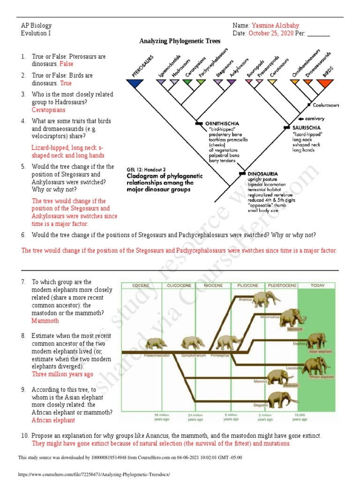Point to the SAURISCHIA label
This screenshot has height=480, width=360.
coord(307,127)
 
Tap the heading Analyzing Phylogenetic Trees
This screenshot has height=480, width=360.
coord(180,41)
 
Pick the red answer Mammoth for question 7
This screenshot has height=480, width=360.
coord(45,321)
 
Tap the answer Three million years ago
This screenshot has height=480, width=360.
coord(62,374)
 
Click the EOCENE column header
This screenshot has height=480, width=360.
coord(141,285)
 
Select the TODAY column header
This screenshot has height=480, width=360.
coord(318,285)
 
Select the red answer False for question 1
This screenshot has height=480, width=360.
coord(66,64)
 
